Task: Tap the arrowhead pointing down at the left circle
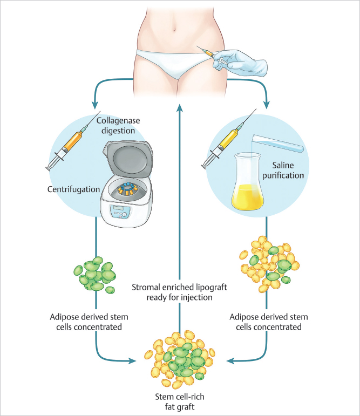coord(93,105)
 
